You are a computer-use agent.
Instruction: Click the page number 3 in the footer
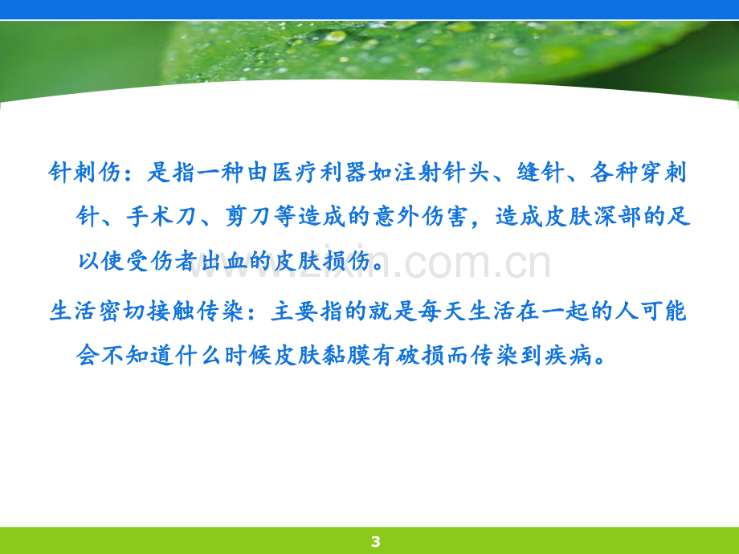click(375, 541)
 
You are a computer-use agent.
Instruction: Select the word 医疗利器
click(319, 172)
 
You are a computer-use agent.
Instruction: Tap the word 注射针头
click(442, 172)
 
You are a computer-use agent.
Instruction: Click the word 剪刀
click(247, 217)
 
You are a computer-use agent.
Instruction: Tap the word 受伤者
click(161, 261)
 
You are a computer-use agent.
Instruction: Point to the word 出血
click(224, 261)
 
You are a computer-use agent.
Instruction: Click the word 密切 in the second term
click(121, 311)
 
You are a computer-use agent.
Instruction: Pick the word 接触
click(170, 311)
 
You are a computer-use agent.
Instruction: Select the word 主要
click(294, 311)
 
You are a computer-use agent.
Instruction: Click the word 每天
click(442, 311)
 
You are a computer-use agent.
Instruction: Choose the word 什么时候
click(223, 355)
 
